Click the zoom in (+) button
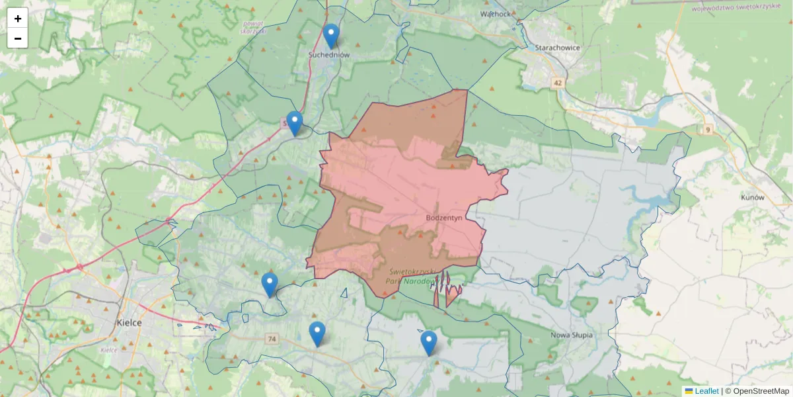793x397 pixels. pos(18,19)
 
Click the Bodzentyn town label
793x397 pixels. pos(447,216)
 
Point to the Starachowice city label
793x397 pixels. pos(557,48)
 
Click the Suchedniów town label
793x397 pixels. pos(329,55)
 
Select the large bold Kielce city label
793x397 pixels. pos(129,323)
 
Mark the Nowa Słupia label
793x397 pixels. pos(572,335)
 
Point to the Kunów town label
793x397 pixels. pos(752,197)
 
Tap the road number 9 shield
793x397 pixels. pos(708,129)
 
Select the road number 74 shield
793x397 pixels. pos(272,339)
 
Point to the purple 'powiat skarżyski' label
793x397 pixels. pos(252,27)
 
